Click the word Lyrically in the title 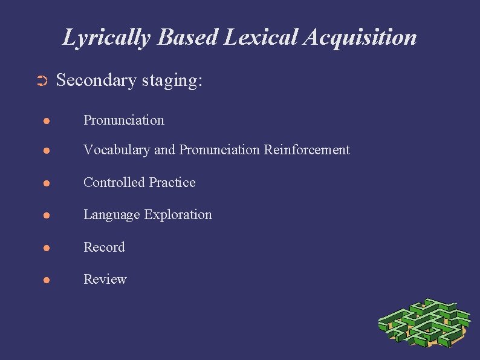point(107,38)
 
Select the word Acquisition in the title point(360,38)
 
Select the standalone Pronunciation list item point(123,120)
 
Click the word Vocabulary point(117,150)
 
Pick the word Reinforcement point(306,149)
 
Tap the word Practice point(172,182)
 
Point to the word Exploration point(181,215)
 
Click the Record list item point(104,247)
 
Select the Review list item point(105,279)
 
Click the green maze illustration point(424,324)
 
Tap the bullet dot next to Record point(46,248)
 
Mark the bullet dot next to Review point(46,280)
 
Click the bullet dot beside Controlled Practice point(46,183)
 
